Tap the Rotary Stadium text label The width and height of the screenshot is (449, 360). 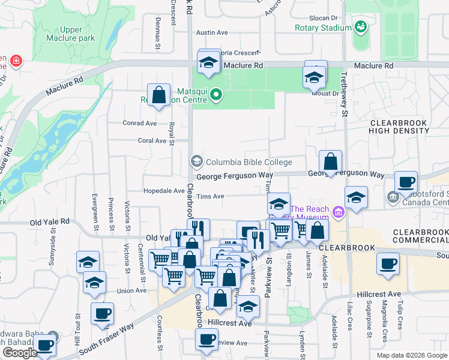pyautogui.click(x=323, y=28)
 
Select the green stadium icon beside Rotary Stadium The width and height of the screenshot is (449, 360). pyautogui.click(x=361, y=27)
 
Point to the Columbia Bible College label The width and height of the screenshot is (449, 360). pyautogui.click(x=249, y=162)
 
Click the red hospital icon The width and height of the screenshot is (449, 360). pyautogui.click(x=16, y=61)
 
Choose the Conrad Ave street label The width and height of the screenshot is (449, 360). pyautogui.click(x=139, y=123)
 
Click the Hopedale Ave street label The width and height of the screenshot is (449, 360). pyautogui.click(x=164, y=191)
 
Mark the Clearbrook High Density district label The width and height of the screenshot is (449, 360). pyautogui.click(x=398, y=126)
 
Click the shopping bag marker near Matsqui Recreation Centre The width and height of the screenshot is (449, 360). pyautogui.click(x=159, y=95)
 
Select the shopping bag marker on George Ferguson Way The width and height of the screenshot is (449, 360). pyautogui.click(x=330, y=161)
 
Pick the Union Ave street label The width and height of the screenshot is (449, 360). pyautogui.click(x=131, y=291)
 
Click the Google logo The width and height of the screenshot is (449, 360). pyautogui.click(x=19, y=353)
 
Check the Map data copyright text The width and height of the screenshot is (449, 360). pyautogui.click(x=411, y=355)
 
